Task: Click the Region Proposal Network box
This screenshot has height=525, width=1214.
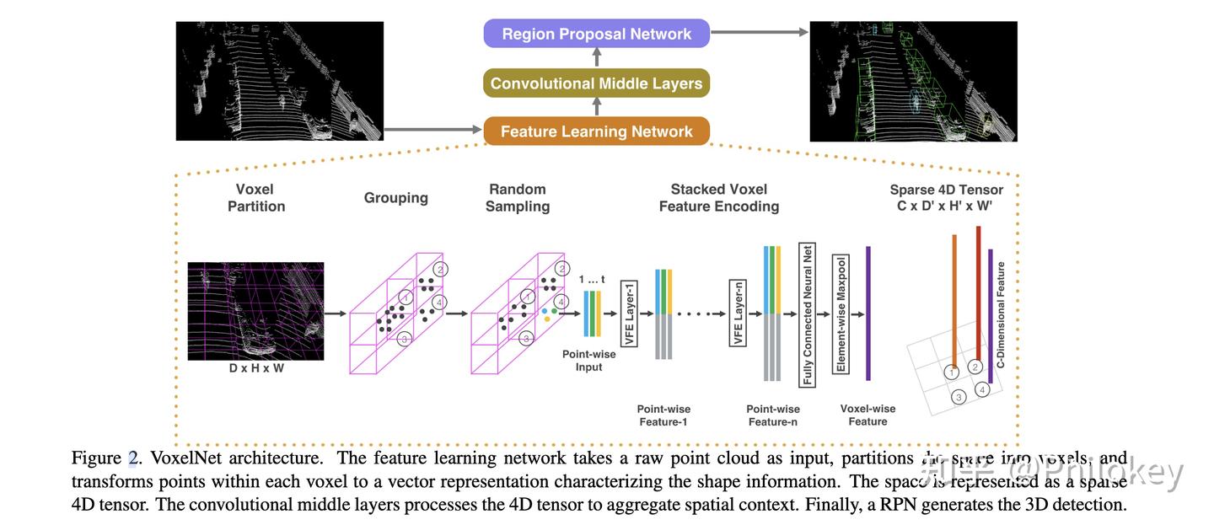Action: [596, 34]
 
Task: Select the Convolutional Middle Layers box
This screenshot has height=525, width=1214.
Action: [596, 83]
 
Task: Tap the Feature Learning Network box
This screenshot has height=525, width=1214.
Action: [596, 131]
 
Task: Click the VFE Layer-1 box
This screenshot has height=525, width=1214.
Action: [628, 313]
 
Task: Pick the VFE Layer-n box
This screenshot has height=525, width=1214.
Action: [737, 313]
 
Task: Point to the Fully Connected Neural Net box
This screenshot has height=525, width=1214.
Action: [808, 313]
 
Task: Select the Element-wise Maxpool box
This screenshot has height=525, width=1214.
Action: [839, 313]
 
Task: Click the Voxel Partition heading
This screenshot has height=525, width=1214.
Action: [256, 197]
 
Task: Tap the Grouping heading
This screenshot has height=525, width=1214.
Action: [395, 198]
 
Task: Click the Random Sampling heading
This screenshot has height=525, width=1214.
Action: [517, 197]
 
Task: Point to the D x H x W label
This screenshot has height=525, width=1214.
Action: [255, 368]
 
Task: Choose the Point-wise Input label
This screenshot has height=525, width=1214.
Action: [588, 360]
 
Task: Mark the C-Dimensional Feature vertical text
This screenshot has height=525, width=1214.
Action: [1001, 314]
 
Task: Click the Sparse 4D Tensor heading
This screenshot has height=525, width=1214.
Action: [946, 196]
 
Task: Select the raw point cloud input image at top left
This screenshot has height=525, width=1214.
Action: [279, 81]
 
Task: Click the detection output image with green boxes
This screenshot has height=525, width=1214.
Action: [913, 81]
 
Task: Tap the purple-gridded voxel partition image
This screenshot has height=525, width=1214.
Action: [255, 312]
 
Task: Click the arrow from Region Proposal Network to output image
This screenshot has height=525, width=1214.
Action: [759, 33]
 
